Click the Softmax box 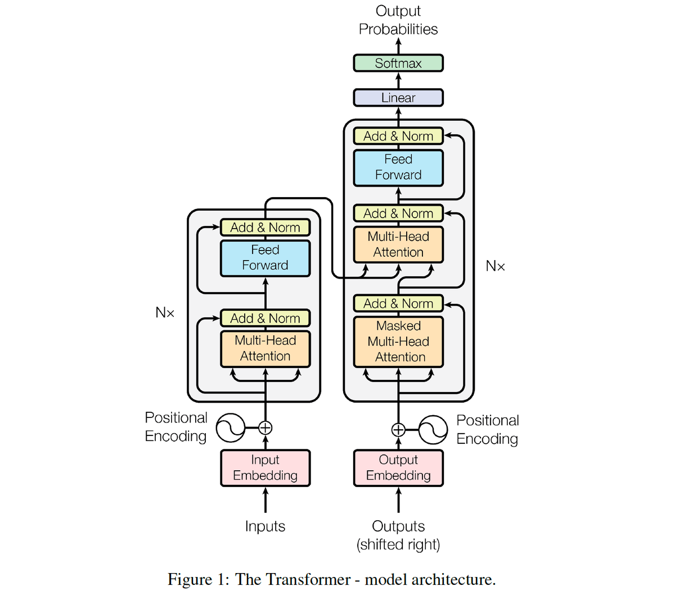(398, 63)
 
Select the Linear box (398, 97)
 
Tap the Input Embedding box (265, 467)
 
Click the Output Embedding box (398, 467)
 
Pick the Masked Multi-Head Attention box (398, 342)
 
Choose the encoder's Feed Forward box (265, 258)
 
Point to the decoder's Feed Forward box (398, 167)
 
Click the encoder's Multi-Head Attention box (265, 348)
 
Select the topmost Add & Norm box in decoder (398, 136)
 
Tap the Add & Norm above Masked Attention (398, 303)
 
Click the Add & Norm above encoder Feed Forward (265, 228)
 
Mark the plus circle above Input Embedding (265, 428)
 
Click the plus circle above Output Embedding (398, 430)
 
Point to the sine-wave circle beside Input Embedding (231, 428)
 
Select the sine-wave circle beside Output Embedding (433, 430)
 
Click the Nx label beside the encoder (165, 313)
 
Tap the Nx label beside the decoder (495, 266)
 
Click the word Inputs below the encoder (265, 526)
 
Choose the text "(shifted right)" (398, 544)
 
